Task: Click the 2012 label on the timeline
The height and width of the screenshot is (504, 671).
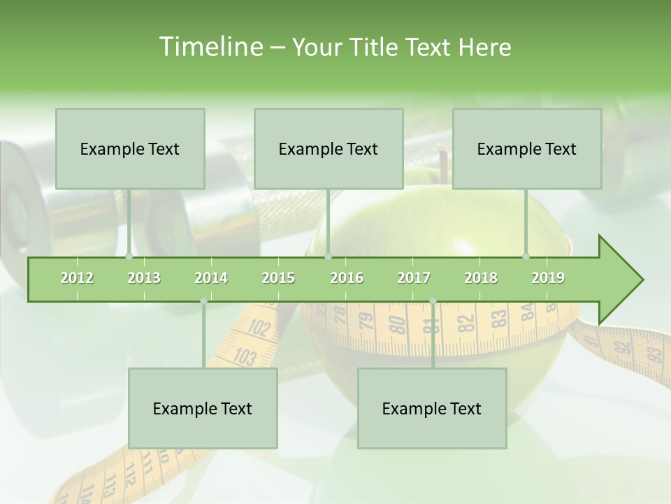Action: (77, 278)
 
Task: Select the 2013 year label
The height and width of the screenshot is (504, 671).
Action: (144, 278)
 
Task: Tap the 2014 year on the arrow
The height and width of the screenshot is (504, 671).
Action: (211, 278)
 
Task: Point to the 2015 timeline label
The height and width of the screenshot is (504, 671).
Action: (278, 278)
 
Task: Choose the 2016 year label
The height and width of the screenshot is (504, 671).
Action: (347, 278)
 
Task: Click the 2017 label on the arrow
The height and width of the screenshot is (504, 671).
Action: (414, 278)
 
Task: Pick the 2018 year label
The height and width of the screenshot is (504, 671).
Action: (481, 278)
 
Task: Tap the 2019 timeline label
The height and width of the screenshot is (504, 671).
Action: (548, 278)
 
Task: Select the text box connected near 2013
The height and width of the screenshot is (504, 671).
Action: (130, 148)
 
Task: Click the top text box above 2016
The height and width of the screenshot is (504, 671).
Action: (329, 148)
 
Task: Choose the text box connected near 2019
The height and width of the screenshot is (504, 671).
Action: (527, 148)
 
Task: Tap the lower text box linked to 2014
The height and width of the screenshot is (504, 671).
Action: (203, 408)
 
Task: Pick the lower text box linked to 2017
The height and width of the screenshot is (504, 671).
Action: (432, 408)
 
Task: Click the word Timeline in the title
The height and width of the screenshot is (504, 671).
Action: (210, 47)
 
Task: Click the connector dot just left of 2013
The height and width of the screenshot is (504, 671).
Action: (129, 256)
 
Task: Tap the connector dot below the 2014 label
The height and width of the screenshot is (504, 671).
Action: (203, 301)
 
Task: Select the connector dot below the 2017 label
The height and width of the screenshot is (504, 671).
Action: (433, 301)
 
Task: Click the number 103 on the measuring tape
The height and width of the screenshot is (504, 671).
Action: (244, 358)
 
